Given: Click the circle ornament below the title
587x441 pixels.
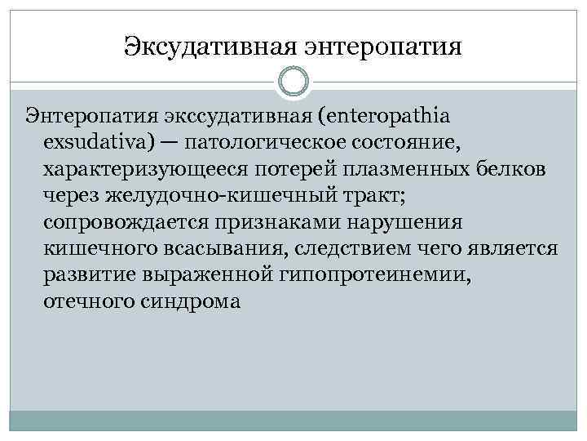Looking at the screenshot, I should click(x=293, y=82).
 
